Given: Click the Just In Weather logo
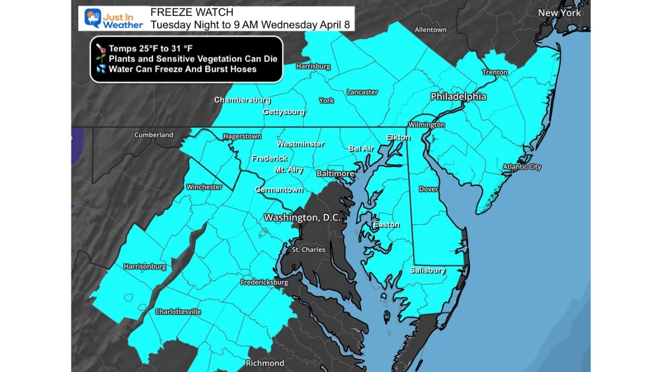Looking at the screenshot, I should [113, 19].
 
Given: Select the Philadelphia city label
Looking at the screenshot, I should [458, 97].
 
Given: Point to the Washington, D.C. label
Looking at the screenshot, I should [302, 218].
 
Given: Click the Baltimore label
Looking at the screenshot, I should [335, 174].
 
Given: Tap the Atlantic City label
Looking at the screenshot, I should [522, 167].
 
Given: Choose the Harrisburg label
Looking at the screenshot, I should [313, 66].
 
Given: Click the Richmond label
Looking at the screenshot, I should [265, 363].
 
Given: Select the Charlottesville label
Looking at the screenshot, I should [178, 312].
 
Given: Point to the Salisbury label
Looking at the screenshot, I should [428, 270].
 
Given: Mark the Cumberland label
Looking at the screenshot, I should [154, 135].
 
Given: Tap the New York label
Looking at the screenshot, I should [559, 13].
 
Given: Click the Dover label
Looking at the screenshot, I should [428, 189].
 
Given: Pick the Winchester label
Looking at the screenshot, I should [204, 187].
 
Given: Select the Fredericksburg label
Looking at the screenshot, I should [264, 283].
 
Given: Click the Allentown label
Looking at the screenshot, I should [430, 29].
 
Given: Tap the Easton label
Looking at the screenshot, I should [386, 225].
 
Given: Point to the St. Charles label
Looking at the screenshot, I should [308, 250].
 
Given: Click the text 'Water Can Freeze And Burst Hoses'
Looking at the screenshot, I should [183, 69].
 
